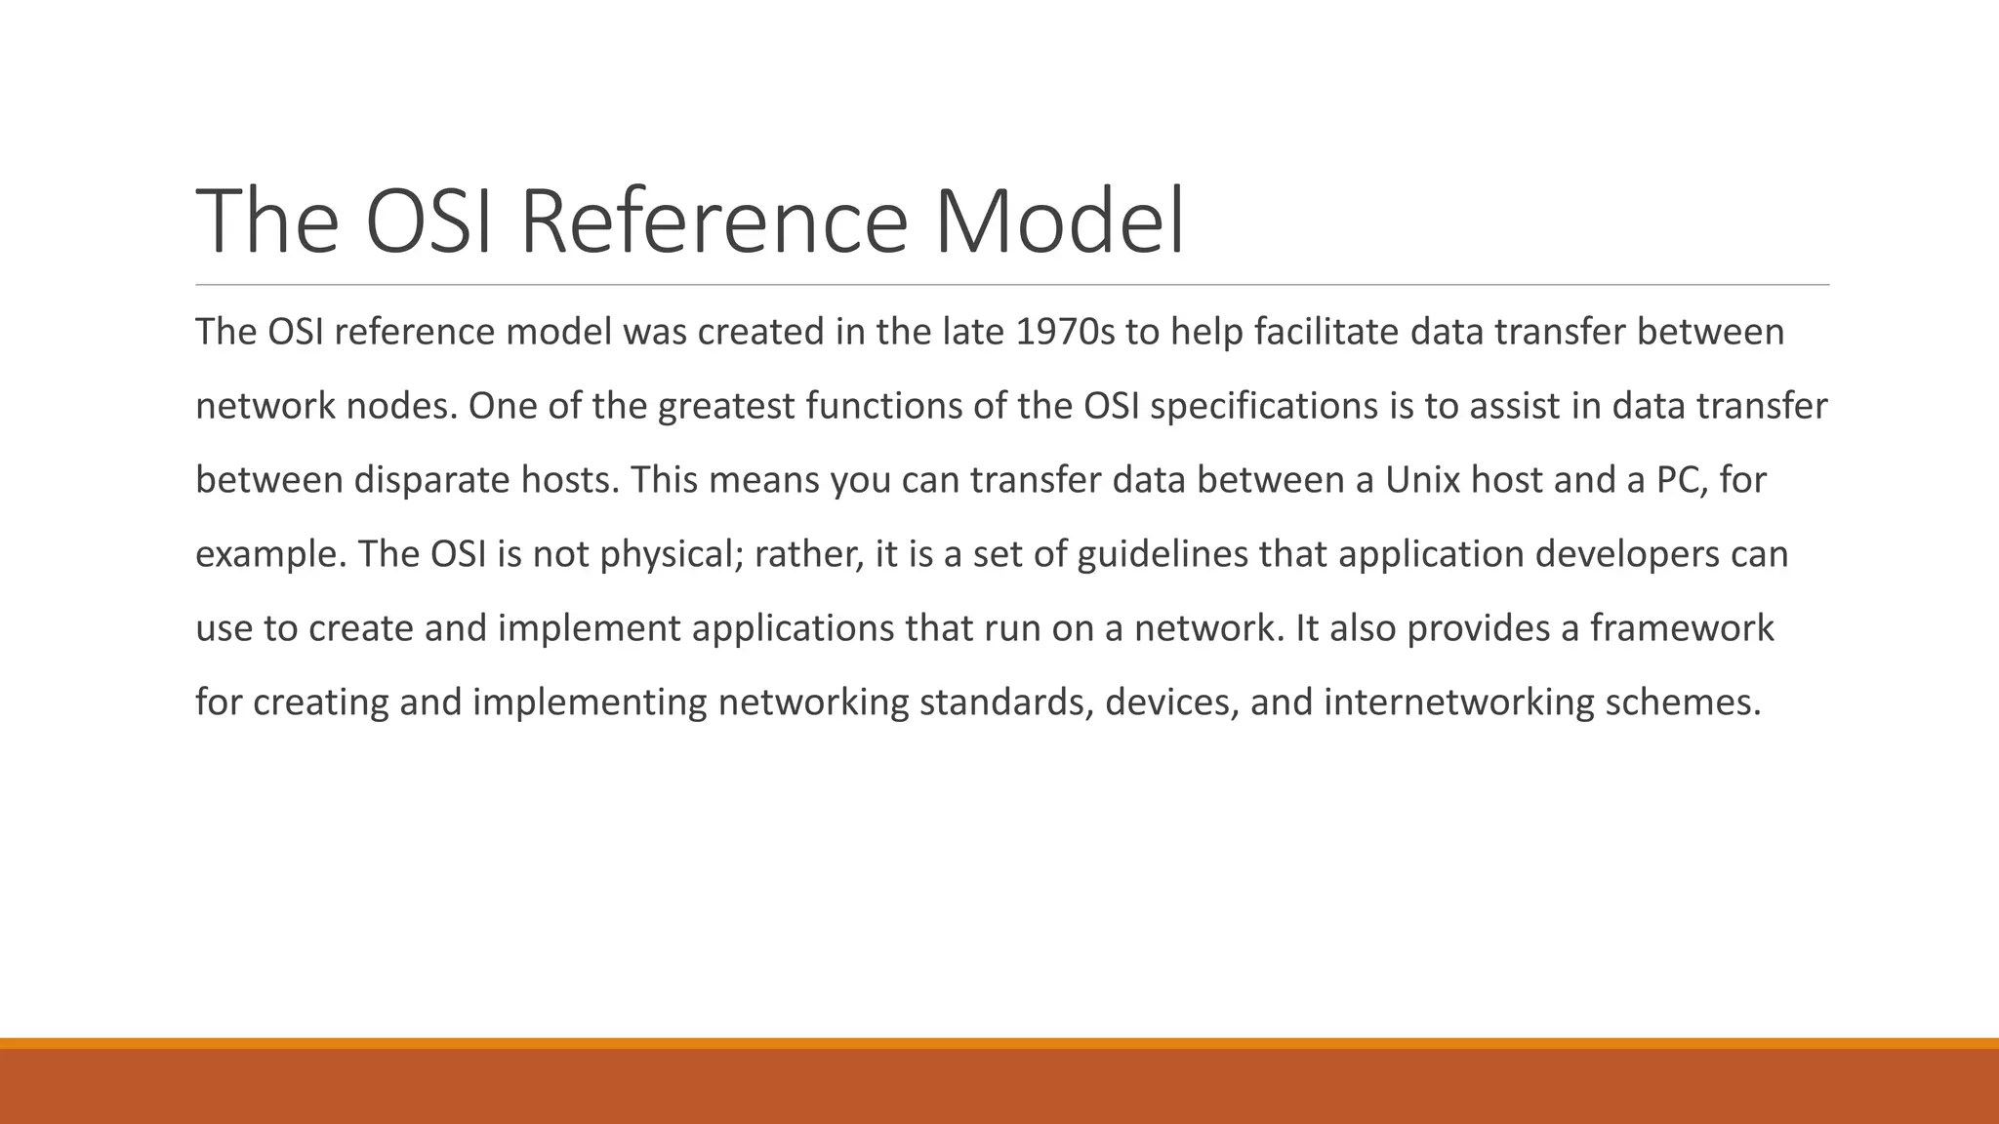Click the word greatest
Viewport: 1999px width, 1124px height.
point(727,407)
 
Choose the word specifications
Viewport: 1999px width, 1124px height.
point(1264,407)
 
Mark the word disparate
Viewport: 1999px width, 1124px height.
point(431,480)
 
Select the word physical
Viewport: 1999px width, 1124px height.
point(672,555)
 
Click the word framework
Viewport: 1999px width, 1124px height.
point(1681,627)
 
